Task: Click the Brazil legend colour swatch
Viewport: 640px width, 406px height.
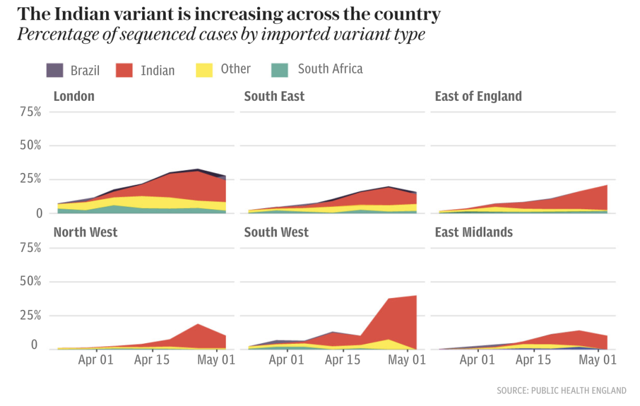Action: tap(55, 70)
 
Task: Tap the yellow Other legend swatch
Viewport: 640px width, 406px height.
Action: tap(204, 70)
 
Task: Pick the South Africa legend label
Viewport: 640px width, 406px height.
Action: tap(330, 69)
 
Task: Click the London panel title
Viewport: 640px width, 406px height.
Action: tap(73, 96)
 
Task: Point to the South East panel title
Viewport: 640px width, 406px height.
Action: tap(274, 96)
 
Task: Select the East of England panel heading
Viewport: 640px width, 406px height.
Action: tap(478, 96)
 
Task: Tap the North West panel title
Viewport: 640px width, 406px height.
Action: tap(85, 232)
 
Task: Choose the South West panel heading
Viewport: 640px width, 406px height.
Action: tap(276, 232)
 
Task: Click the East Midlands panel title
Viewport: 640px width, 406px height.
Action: tap(473, 232)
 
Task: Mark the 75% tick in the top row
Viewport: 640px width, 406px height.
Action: tap(30, 111)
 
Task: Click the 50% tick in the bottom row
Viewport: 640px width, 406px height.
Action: tap(30, 281)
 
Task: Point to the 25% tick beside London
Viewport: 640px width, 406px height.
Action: tap(30, 179)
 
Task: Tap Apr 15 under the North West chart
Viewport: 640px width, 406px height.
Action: tap(152, 360)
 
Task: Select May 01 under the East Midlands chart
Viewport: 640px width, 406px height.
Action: tap(597, 360)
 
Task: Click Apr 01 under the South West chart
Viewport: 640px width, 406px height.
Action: tap(286, 360)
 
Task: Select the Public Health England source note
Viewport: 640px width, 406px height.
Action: tap(561, 391)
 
